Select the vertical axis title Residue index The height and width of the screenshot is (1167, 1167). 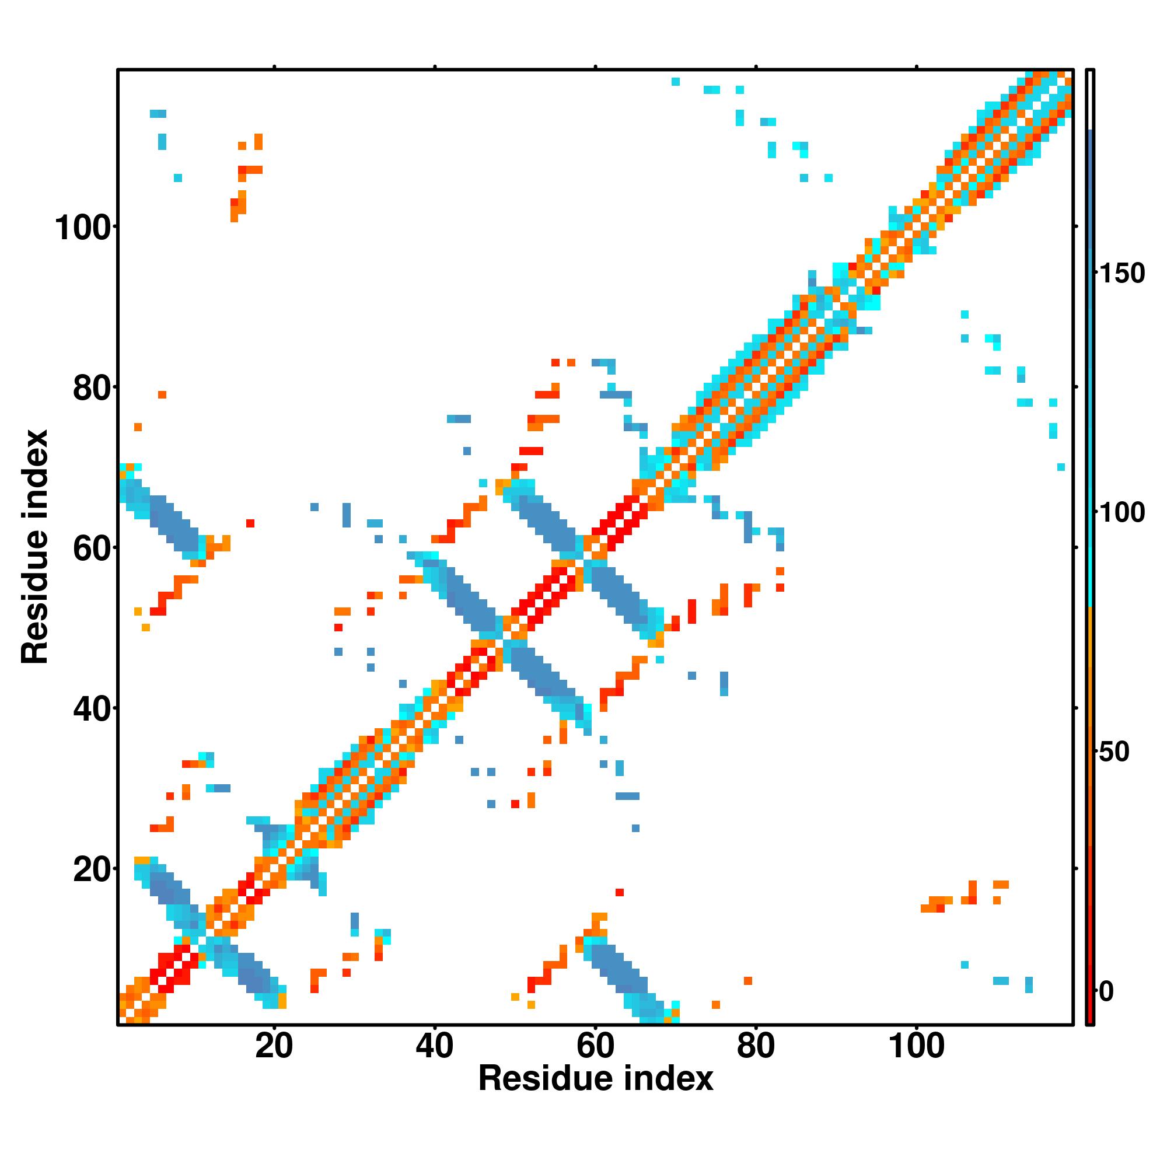coord(34,547)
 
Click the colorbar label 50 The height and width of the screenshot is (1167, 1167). coord(1113,753)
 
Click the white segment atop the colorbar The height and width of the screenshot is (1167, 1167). coord(1091,100)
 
